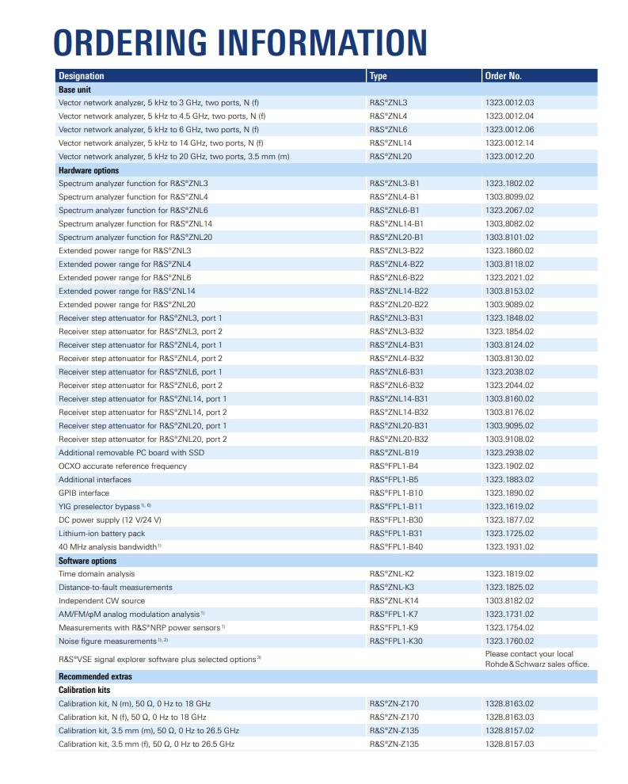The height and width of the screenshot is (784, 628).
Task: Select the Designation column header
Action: coord(81,76)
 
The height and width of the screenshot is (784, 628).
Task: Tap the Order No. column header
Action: coord(503,76)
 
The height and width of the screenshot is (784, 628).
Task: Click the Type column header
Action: coord(378,76)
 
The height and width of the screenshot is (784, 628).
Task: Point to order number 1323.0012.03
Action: coord(509,103)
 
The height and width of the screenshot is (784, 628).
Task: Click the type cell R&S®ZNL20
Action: coord(390,157)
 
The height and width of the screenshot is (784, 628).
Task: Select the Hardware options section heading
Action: coord(89,170)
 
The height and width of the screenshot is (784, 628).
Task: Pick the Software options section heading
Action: coord(87,561)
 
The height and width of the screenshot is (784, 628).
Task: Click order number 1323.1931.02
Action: coord(509,547)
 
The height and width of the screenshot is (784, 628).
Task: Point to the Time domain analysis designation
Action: coord(97,574)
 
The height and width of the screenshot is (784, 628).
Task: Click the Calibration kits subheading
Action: coord(85,690)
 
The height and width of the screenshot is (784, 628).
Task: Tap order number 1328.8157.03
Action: coord(509,744)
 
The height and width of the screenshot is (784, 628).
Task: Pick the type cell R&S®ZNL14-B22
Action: coord(398,291)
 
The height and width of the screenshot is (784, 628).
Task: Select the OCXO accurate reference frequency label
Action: coord(123,466)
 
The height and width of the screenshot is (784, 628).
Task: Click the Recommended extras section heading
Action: coord(95,676)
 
